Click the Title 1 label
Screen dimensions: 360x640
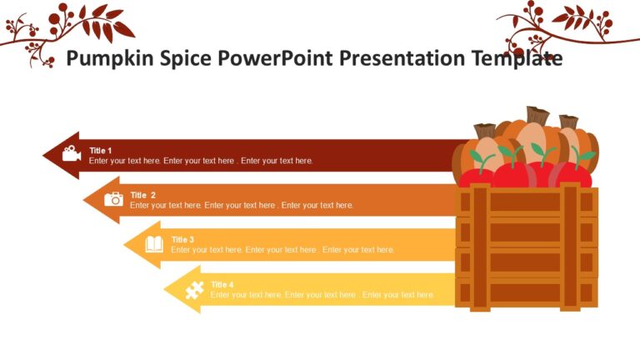click(101, 151)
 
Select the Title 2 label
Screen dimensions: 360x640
click(142, 195)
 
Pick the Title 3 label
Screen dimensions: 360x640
click(182, 240)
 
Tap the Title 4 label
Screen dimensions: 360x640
click(222, 285)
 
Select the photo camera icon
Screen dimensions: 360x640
click(113, 199)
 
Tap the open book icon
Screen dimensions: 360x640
click(154, 244)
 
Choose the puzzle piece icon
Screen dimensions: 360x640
click(194, 290)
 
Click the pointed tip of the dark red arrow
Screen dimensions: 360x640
click(44, 155)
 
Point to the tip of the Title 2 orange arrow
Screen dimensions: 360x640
click(85, 200)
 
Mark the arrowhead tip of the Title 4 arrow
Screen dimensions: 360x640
click(165, 290)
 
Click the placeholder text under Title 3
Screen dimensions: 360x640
click(282, 250)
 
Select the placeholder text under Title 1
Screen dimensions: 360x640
click(201, 161)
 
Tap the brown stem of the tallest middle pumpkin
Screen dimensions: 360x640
click(537, 115)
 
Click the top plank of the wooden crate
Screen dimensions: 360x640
click(526, 202)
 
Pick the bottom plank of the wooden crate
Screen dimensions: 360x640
click(526, 292)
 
